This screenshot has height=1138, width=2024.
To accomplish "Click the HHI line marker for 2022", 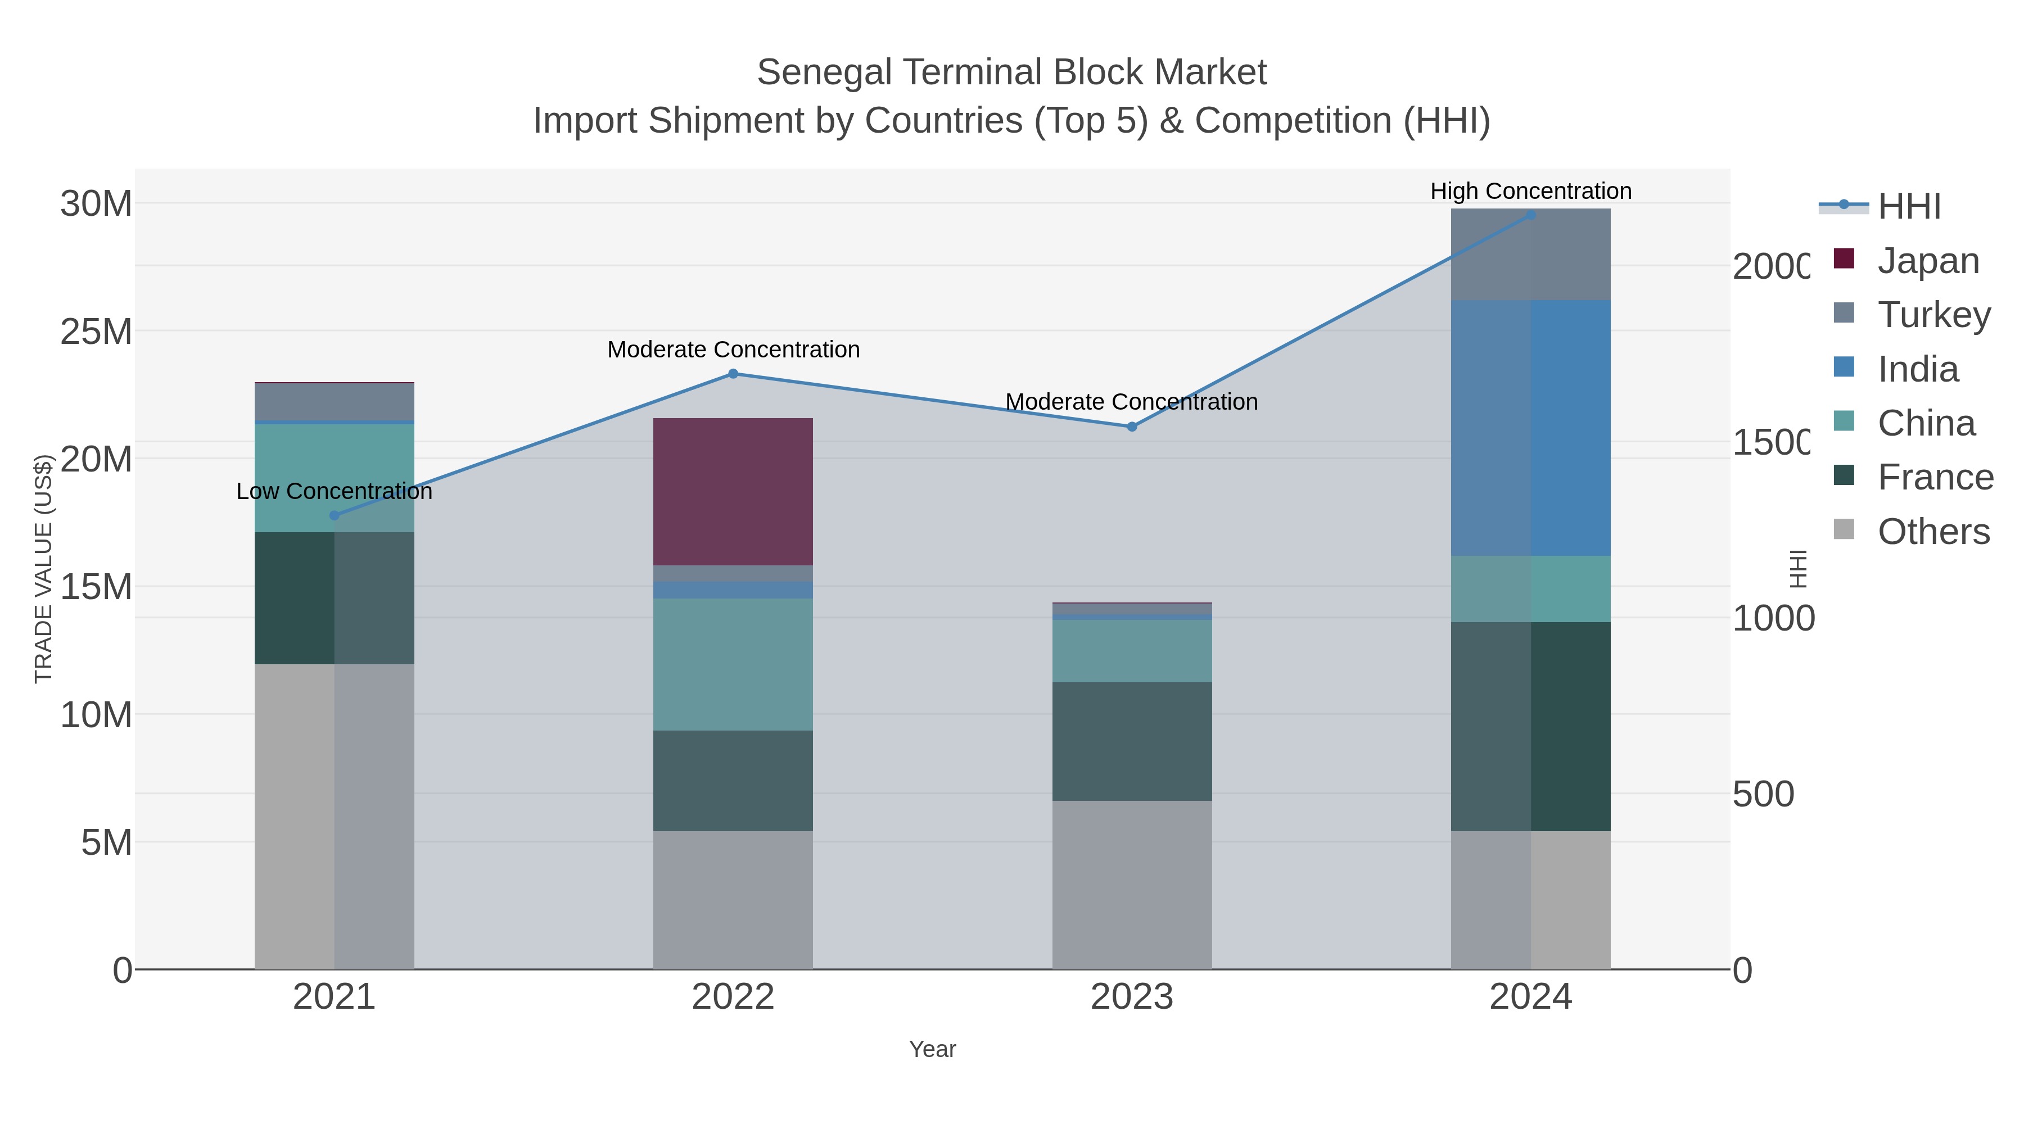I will click(733, 374).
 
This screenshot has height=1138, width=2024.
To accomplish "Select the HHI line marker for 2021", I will click(334, 516).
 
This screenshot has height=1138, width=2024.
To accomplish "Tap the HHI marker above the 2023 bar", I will click(1131, 427).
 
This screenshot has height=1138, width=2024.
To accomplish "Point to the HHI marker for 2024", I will click(1530, 215).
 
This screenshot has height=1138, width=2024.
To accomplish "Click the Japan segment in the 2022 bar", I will click(733, 492).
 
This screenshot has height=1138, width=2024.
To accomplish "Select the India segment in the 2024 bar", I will click(1530, 428).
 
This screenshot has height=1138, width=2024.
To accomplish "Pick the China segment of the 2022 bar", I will click(733, 664).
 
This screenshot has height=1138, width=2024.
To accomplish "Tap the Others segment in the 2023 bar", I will click(1131, 885).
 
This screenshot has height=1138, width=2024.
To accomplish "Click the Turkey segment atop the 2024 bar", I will click(1530, 255).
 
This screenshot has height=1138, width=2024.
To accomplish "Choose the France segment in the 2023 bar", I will click(1131, 741).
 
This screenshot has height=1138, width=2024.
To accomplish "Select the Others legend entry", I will click(1933, 532).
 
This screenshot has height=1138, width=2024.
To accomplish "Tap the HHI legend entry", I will click(1909, 207).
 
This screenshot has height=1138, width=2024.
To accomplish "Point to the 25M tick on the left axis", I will click(96, 332).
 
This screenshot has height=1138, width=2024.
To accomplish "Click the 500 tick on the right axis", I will click(1763, 794).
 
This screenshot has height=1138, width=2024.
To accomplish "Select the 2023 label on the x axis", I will click(1131, 998).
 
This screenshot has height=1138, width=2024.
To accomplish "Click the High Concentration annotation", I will click(1530, 191).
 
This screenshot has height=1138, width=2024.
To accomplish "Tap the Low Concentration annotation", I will click(334, 492).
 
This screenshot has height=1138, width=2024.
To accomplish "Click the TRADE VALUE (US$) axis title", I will click(44, 569).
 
